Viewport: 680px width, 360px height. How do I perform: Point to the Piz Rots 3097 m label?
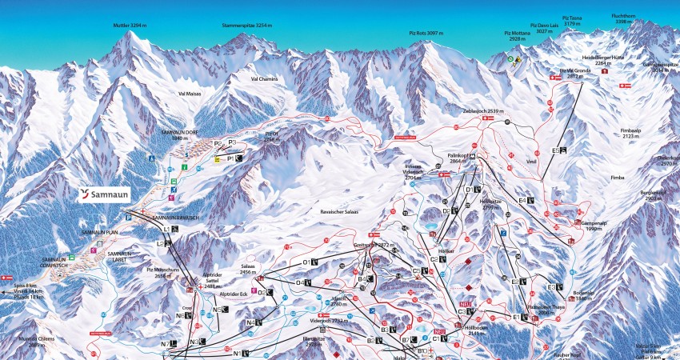(426, 33)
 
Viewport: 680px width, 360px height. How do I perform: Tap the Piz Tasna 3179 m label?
(572, 20)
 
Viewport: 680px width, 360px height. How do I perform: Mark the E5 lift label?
(558, 150)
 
